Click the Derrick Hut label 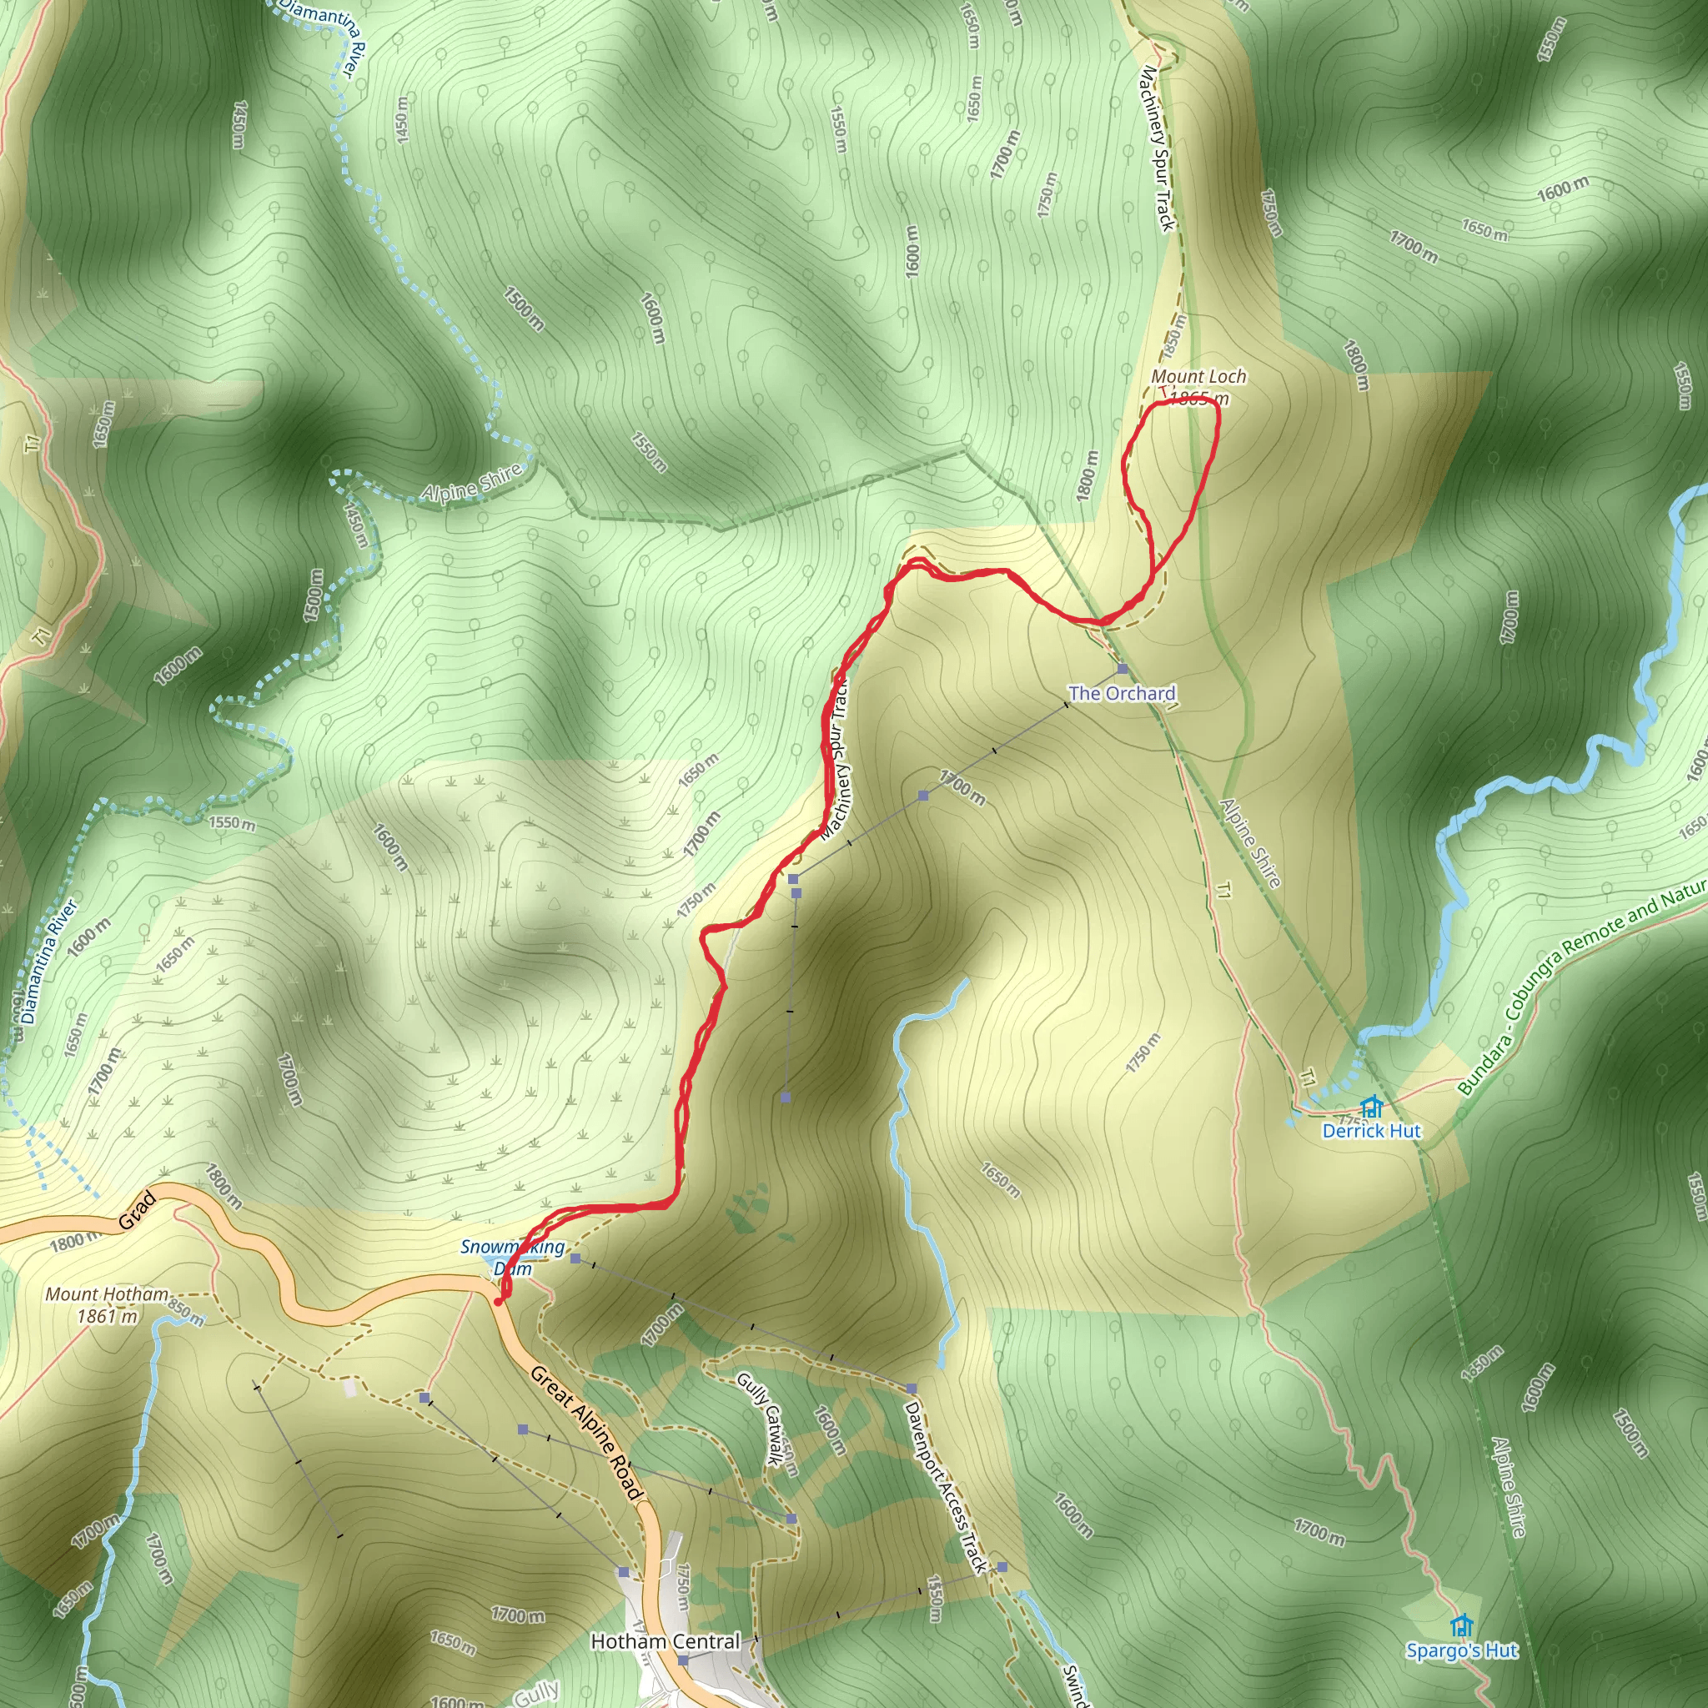[1371, 1131]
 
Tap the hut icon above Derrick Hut [1371, 1106]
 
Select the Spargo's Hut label [1462, 1650]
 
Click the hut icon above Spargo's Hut [1462, 1625]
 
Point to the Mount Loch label [1198, 377]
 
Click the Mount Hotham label [107, 1294]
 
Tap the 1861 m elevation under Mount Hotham [108, 1316]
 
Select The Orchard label [1122, 693]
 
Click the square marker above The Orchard [1123, 669]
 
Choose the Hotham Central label [665, 1641]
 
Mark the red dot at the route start [499, 1301]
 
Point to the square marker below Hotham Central [682, 1660]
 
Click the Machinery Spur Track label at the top [1158, 148]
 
